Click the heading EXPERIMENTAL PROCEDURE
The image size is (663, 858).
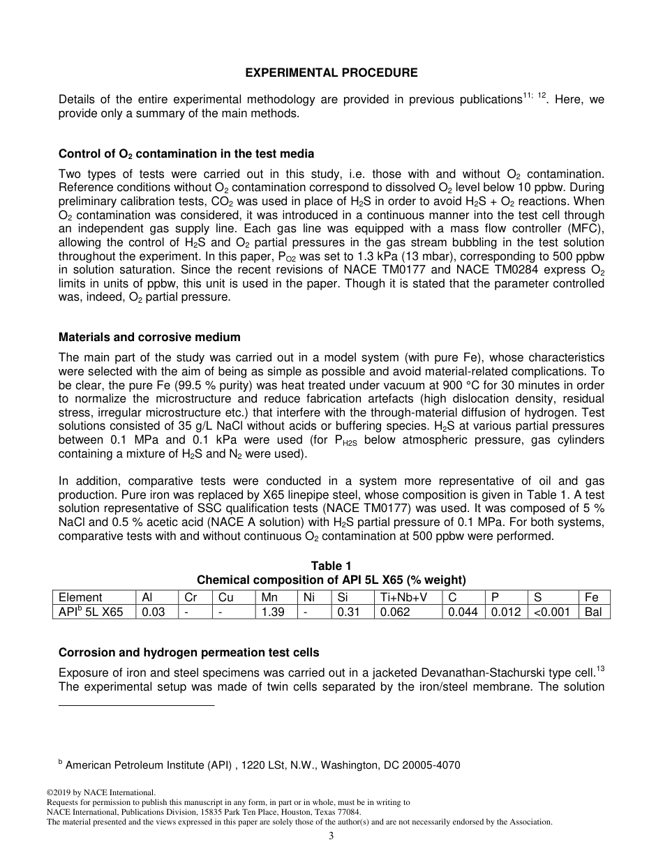(x=331, y=73)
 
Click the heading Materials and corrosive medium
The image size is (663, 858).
(x=149, y=337)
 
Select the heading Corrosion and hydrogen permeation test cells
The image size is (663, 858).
(x=188, y=652)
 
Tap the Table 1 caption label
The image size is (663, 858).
(x=331, y=566)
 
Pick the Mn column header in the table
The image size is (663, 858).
(x=269, y=597)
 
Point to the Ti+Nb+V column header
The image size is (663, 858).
(x=403, y=597)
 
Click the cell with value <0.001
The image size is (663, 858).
(x=551, y=612)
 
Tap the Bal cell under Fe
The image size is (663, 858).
(x=593, y=612)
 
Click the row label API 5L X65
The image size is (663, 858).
(x=91, y=612)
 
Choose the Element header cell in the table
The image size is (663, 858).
(x=80, y=597)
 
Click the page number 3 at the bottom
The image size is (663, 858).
(x=331, y=836)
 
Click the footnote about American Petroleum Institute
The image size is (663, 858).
(x=262, y=765)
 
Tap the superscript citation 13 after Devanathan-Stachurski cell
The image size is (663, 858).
(x=600, y=670)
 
